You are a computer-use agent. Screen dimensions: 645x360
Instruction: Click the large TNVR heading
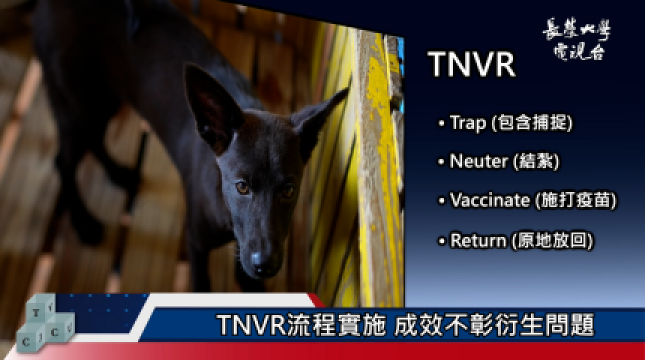point(472,64)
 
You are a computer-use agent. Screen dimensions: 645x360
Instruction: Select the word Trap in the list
point(468,123)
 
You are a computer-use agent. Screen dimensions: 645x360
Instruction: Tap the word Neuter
point(478,160)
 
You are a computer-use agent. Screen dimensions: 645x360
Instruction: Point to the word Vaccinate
point(490,200)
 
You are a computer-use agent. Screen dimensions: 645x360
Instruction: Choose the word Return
point(478,240)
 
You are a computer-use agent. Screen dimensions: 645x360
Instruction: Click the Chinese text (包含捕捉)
point(532,123)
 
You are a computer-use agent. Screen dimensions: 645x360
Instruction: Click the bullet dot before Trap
point(442,123)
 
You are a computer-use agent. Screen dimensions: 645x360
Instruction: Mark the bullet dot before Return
point(442,241)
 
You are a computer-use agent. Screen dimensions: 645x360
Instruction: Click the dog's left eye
point(242,187)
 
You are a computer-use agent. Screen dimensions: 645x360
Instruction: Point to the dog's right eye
point(288,191)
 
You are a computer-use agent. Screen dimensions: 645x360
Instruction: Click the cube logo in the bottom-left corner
point(45,323)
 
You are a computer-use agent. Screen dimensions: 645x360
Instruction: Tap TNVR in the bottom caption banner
point(251,325)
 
